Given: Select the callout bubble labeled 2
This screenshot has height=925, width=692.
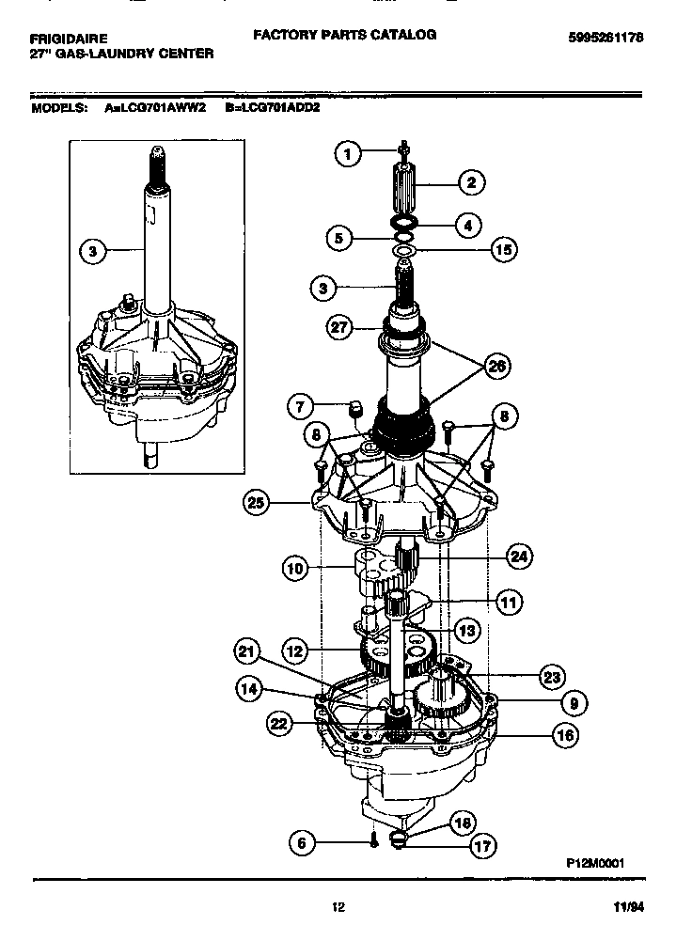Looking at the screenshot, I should click(470, 183).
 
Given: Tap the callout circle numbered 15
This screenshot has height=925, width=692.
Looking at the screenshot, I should click(503, 251).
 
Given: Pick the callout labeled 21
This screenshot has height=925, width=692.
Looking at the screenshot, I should click(247, 651).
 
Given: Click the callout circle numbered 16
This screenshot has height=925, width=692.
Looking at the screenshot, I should click(564, 736).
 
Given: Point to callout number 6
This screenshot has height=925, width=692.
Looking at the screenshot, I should click(302, 843).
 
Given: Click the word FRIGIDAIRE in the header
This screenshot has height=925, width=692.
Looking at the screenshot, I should click(69, 38).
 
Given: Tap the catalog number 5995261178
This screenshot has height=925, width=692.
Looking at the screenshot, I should click(612, 38).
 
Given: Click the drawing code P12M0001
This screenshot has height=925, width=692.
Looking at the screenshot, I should click(595, 862).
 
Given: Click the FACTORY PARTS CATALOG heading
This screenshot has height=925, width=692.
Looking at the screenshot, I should click(344, 34).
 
